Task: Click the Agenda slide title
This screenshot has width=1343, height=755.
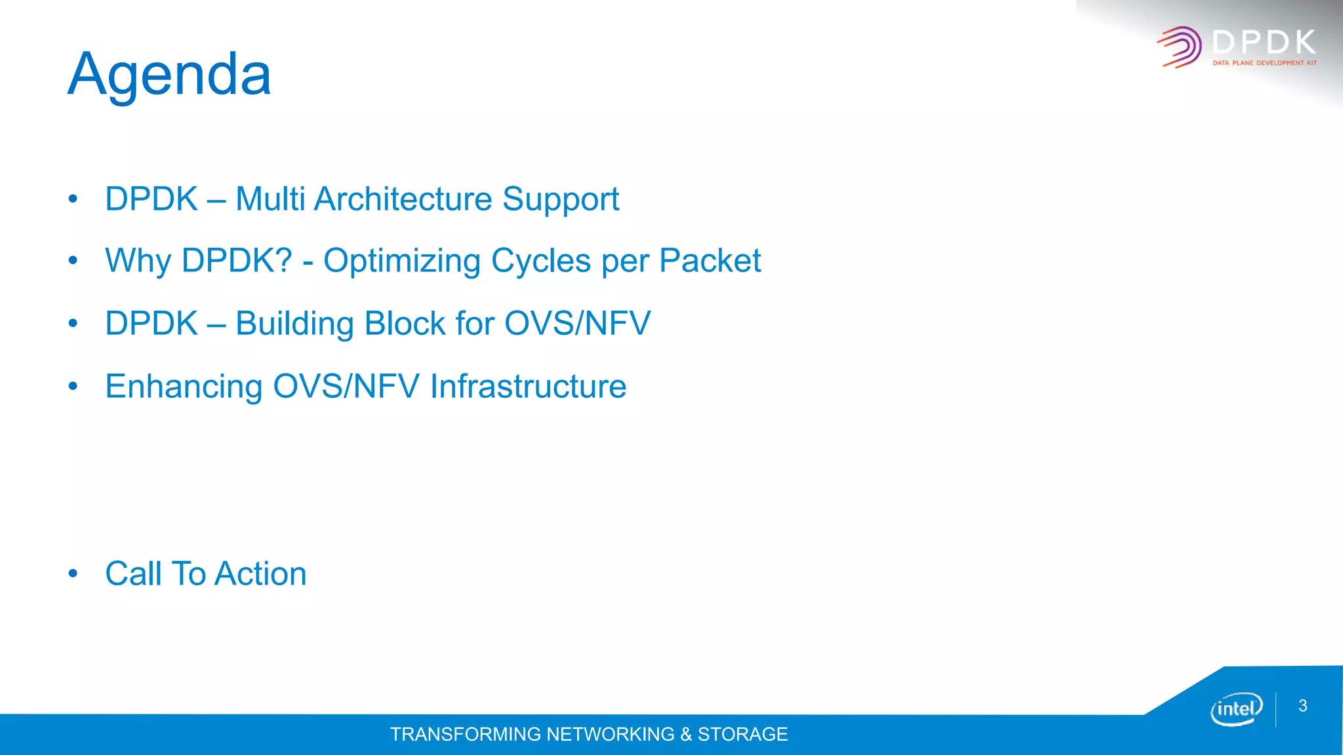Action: [169, 75]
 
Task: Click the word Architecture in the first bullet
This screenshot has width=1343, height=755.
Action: [403, 199]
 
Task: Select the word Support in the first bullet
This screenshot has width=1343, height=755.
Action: [561, 199]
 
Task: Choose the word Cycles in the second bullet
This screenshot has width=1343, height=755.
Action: [541, 261]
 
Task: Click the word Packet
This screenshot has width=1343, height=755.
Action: [710, 261]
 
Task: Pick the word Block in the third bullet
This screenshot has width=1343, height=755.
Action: [405, 324]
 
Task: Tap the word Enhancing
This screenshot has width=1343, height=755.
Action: [184, 386]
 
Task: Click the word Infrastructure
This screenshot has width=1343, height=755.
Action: [528, 386]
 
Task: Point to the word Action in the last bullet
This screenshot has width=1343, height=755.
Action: [260, 574]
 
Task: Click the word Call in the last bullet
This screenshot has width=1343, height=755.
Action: [133, 574]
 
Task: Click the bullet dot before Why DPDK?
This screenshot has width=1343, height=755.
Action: [73, 261]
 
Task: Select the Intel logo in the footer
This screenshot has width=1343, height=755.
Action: [1236, 708]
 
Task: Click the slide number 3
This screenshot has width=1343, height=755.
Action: [1303, 706]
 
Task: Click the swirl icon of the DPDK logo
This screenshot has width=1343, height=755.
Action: [1180, 47]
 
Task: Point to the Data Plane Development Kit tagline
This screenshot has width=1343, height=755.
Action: [1264, 63]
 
